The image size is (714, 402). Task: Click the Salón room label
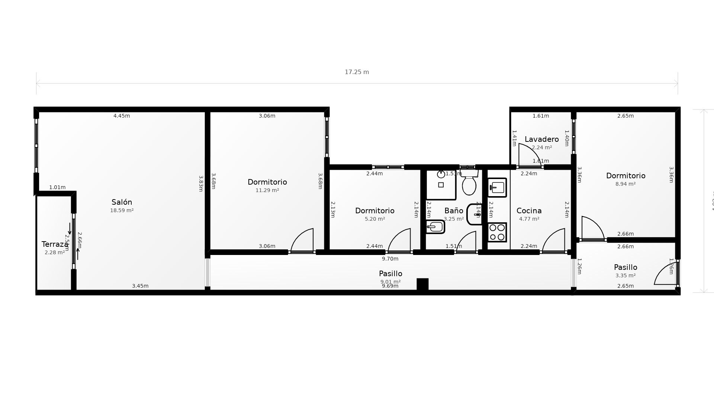[x=122, y=202]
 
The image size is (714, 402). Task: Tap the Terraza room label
[x=55, y=244]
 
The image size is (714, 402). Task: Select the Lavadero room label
[x=541, y=139]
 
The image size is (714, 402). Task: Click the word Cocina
[x=529, y=211]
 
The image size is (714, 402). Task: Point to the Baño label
[x=454, y=211]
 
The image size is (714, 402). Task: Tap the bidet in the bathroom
[x=435, y=226]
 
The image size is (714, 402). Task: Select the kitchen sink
[x=497, y=188]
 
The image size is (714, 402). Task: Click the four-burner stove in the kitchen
[x=497, y=232]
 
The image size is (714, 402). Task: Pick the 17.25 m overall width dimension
[x=357, y=72]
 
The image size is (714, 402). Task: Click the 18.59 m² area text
[x=122, y=210]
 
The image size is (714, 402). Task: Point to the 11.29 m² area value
[x=267, y=190]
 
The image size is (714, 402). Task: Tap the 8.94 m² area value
[x=625, y=184]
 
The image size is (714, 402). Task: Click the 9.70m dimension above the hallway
[x=390, y=259]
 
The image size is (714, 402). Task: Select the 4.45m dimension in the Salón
[x=122, y=116]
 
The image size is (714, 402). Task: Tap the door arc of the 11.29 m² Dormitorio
[x=303, y=240]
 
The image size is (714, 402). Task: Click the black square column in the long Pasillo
[x=422, y=284]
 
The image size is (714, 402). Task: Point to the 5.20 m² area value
[x=374, y=219]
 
